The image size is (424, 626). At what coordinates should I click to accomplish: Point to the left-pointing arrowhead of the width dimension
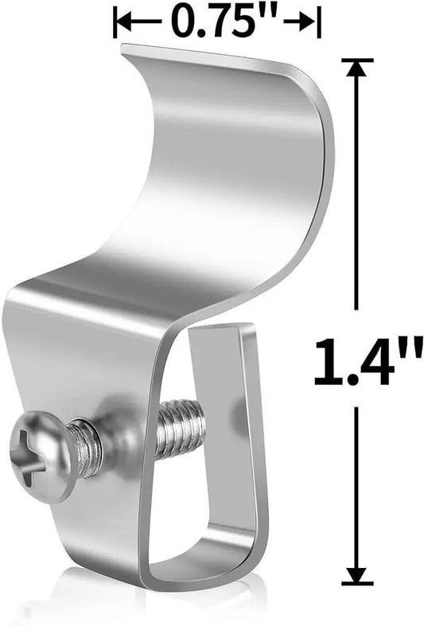click(127, 21)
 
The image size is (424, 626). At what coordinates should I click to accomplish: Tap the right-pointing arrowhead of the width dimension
click(307, 21)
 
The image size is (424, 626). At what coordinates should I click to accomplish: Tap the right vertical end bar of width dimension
click(319, 21)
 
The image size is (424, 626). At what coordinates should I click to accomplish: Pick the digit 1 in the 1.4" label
click(325, 362)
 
